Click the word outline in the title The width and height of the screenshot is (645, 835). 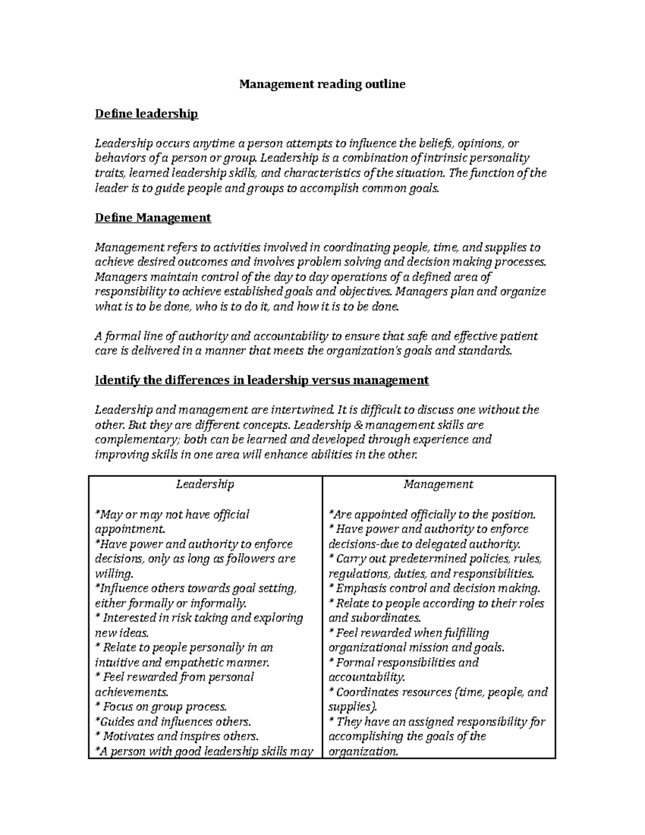click(384, 84)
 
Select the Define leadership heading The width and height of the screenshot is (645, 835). click(146, 113)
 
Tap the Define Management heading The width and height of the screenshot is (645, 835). click(153, 217)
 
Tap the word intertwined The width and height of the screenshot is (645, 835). click(293, 410)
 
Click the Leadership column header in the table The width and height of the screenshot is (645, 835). click(205, 484)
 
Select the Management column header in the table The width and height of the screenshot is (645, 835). click(438, 484)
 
